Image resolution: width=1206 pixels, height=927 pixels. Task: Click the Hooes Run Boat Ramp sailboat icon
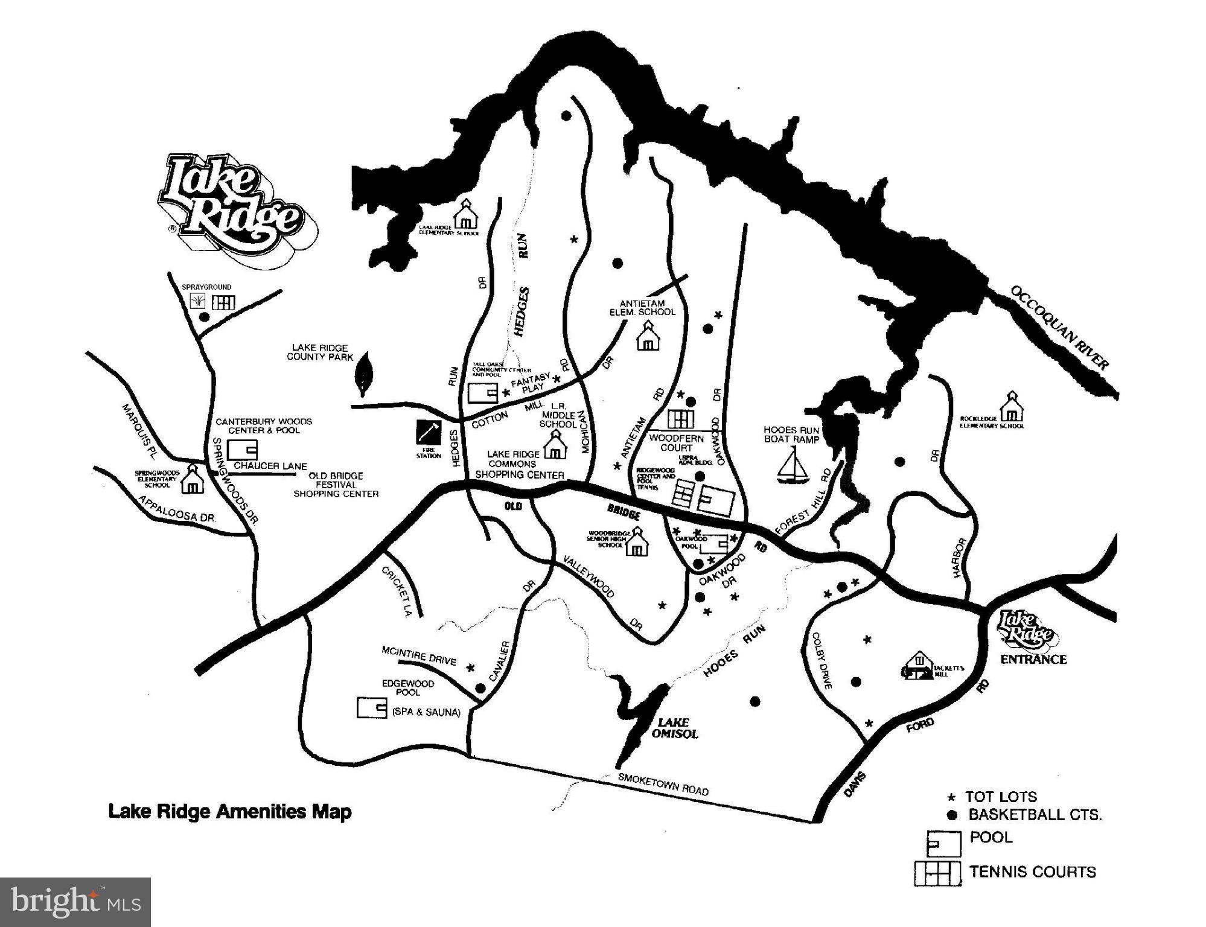click(793, 467)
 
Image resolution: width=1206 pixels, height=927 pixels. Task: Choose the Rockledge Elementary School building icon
click(1012, 408)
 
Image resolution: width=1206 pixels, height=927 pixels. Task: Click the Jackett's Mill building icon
click(919, 666)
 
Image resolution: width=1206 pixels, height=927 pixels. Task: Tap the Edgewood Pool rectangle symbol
click(371, 708)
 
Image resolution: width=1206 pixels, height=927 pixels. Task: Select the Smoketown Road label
click(663, 784)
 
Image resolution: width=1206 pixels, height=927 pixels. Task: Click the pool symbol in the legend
click(943, 843)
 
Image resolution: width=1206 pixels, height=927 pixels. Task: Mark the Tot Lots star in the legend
click(952, 797)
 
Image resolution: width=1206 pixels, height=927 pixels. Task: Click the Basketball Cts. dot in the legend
click(952, 815)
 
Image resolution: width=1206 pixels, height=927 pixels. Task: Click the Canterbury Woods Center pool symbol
click(243, 450)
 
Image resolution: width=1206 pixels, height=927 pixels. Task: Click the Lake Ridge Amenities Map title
click(229, 811)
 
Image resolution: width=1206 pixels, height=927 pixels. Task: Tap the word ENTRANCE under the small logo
click(1033, 660)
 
